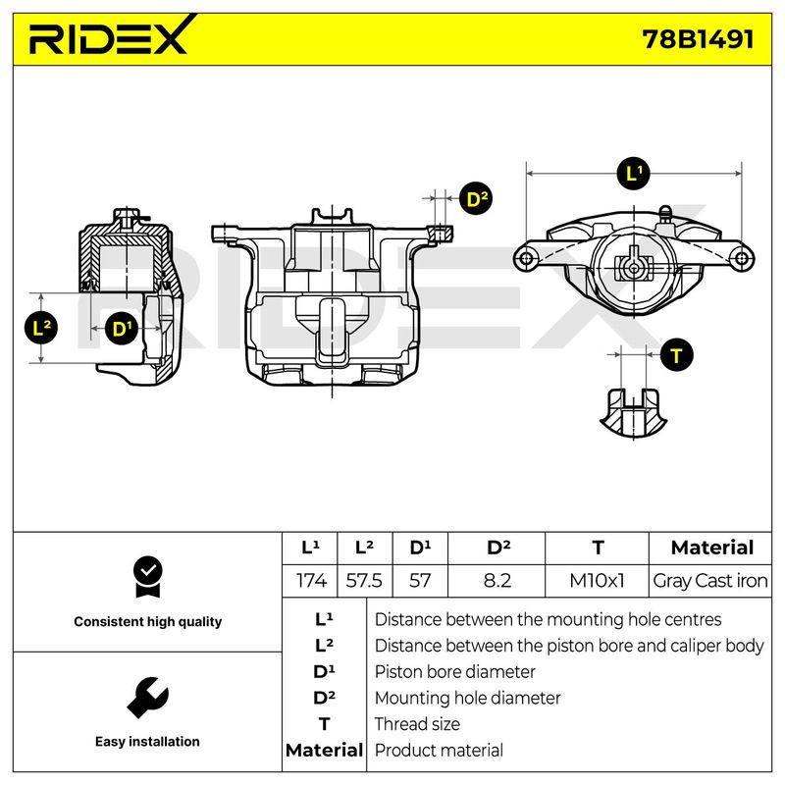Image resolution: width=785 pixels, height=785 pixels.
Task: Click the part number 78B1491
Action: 698,39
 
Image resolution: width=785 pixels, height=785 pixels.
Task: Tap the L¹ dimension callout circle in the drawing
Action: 634,174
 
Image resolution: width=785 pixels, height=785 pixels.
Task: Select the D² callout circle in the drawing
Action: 476,198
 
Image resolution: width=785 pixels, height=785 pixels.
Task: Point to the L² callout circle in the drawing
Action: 41,328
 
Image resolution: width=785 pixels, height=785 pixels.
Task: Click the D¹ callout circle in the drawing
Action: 121,329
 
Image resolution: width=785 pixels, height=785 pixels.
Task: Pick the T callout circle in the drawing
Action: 677,355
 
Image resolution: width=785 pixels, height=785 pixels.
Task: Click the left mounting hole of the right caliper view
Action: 526,258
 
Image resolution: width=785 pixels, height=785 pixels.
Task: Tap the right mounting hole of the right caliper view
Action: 742,258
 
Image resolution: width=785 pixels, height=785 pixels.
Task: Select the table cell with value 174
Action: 311,581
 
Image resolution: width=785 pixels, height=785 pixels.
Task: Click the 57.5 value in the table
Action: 364,581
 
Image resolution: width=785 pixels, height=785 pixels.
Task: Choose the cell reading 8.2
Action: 497,581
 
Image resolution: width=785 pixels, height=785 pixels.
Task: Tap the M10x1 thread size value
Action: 597,581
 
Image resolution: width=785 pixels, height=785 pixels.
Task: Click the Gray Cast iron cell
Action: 709,581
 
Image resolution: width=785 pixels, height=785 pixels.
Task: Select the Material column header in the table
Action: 712,548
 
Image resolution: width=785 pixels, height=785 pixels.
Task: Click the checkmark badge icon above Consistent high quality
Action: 148,577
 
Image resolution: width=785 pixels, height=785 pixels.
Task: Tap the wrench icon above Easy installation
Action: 148,698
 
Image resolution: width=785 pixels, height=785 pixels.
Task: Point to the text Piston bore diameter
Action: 454,672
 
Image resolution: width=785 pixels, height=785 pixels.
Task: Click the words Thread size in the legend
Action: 417,724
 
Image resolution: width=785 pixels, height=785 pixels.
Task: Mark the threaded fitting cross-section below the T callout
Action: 633,412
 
